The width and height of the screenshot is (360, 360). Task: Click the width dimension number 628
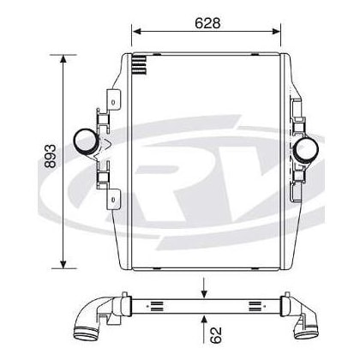click(207, 23)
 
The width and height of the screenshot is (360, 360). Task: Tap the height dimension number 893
click(51, 156)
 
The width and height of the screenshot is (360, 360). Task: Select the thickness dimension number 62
click(216, 335)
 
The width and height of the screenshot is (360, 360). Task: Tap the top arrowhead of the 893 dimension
click(63, 58)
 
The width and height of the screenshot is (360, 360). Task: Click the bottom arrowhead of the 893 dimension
click(63, 264)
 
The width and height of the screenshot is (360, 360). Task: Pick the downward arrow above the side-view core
click(204, 288)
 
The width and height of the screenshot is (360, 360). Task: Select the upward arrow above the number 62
click(204, 328)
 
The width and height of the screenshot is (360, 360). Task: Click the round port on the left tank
click(85, 141)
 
